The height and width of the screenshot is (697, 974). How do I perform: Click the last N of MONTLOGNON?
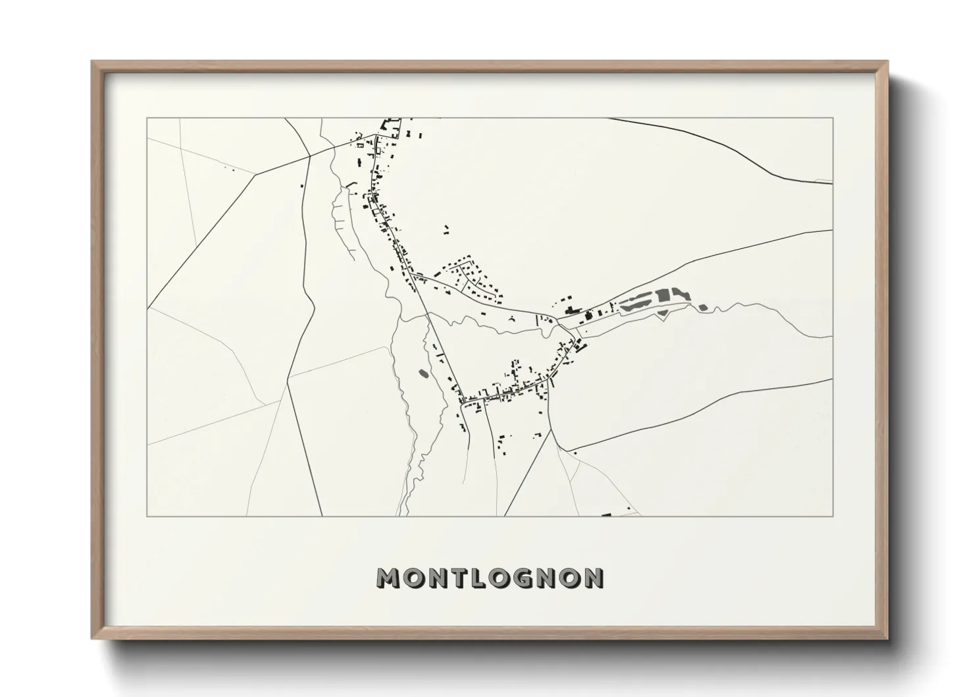tap(592, 578)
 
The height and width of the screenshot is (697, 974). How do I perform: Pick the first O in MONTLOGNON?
tap(411, 578)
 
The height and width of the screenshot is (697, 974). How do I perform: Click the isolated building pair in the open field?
tap(446, 230)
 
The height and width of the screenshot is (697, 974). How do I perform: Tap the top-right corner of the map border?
tap(833, 119)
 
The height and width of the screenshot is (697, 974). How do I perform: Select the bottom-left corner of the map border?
tap(147, 516)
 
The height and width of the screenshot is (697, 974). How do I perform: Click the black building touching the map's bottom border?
tap(607, 514)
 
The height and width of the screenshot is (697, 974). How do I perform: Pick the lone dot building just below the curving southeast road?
tap(575, 453)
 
